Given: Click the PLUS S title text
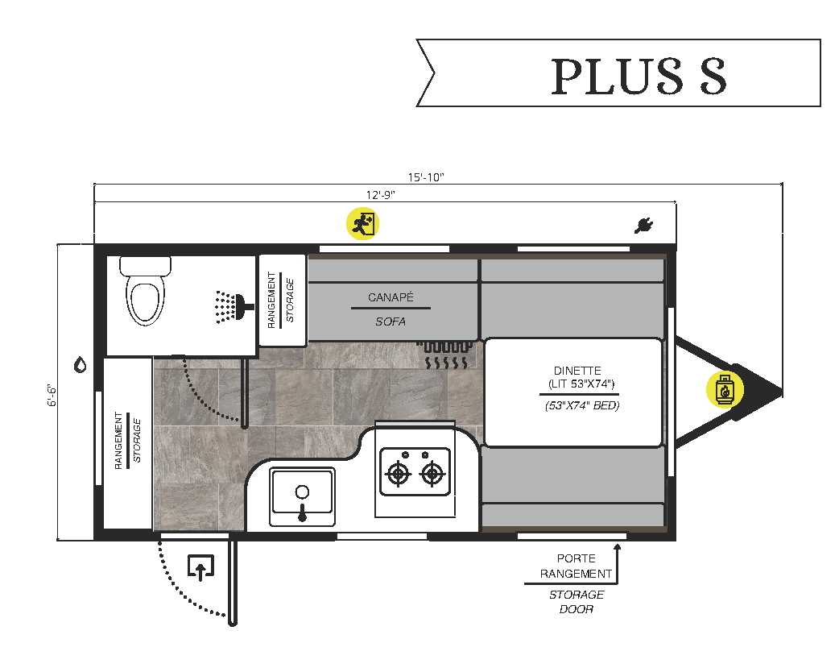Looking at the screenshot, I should pos(639,76).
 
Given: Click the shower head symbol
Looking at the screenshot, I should pos(230,306).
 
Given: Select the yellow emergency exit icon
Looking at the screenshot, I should pos(362,223).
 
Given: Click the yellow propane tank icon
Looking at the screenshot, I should pos(725,389).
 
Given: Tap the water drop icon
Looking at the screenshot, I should pos(80,365).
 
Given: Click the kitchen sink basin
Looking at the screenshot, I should pos(302,492).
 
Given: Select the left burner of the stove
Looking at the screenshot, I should pos(398,475).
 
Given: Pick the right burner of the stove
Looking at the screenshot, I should pos(432,475).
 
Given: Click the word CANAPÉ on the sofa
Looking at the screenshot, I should pos(391,297).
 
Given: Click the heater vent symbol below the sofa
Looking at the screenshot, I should pos(444,357).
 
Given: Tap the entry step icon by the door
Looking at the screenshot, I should pos(200,567).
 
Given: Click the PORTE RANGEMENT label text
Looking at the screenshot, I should pos(576,566).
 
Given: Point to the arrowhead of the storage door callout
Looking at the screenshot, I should pos(618,548).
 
